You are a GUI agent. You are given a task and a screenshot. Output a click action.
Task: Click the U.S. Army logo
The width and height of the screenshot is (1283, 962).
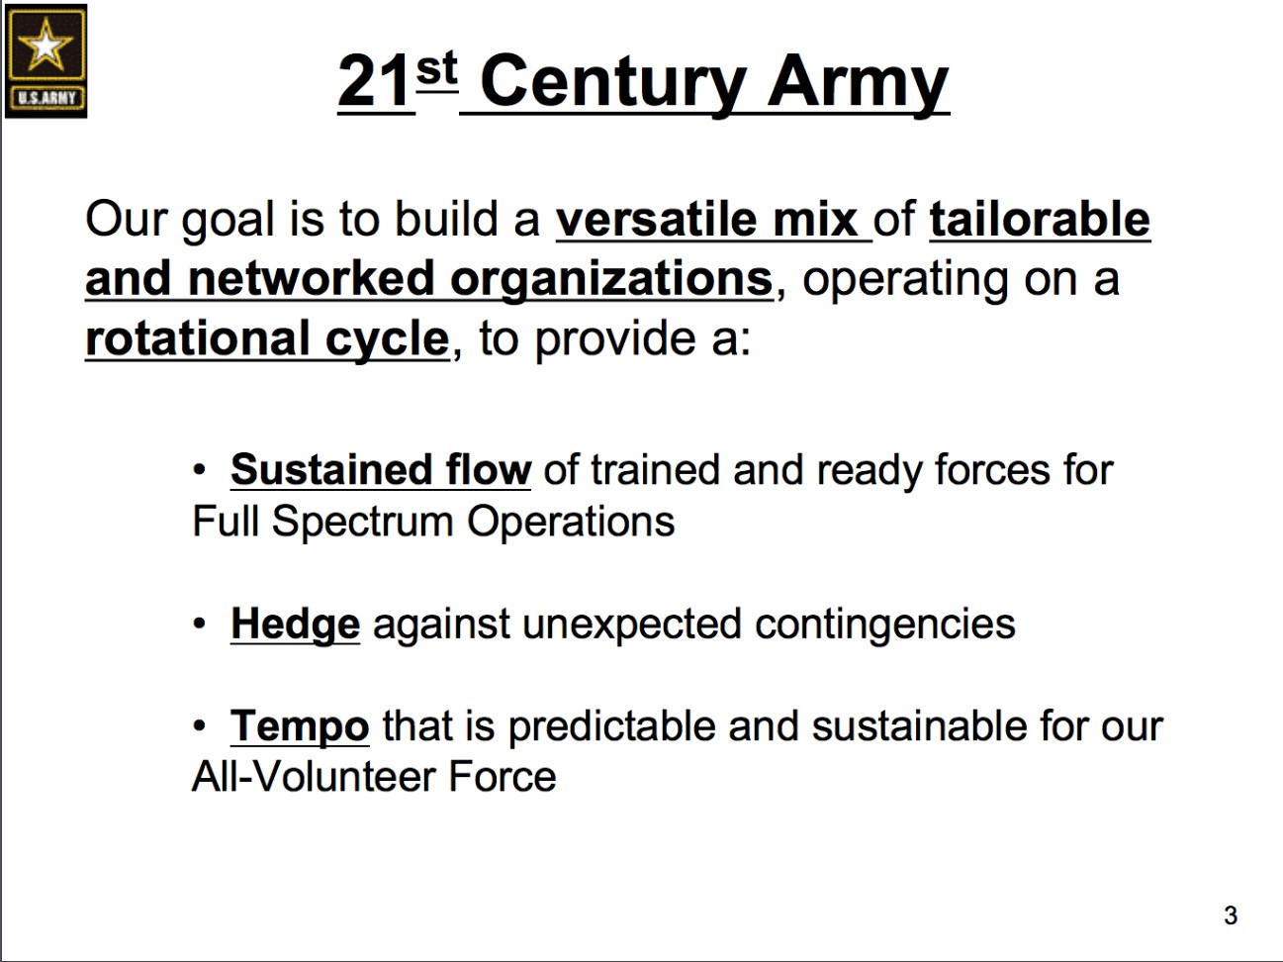[x=46, y=60]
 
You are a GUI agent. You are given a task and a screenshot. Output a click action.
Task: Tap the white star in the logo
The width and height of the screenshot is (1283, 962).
[x=46, y=45]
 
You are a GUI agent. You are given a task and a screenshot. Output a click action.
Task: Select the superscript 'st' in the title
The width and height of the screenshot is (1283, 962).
[x=436, y=68]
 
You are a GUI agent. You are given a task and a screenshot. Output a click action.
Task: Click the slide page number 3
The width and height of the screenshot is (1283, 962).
[x=1231, y=915]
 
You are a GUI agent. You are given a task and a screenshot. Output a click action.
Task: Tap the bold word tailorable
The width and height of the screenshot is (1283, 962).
[x=1040, y=220]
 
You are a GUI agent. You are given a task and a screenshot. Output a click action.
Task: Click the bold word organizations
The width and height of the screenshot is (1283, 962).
[x=611, y=279]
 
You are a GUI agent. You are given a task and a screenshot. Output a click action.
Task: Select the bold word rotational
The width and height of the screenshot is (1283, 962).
[x=197, y=339]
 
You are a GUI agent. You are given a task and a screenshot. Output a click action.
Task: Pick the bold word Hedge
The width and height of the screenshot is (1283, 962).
[x=295, y=625]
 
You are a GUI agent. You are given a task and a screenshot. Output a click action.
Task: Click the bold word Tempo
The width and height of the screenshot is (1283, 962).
[x=300, y=726]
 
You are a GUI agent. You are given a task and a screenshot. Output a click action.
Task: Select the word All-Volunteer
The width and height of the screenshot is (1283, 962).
[x=314, y=777]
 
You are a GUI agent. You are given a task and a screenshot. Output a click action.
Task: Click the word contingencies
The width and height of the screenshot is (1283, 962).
[x=885, y=625]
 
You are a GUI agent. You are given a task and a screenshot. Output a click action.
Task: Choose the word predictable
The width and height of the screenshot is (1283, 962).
[x=611, y=726]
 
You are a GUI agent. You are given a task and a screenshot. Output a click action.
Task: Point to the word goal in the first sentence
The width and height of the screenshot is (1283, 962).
[x=227, y=221]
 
